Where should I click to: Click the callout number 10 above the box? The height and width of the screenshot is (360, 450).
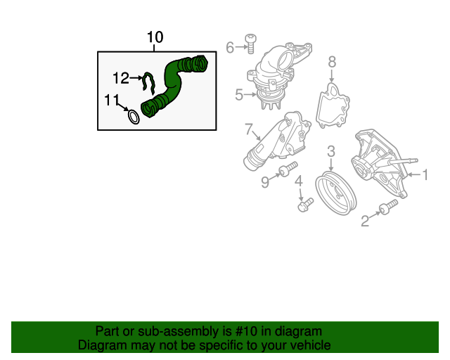[155, 37]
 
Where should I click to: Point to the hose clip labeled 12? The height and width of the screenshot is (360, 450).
[148, 83]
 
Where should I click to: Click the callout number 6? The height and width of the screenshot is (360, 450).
[230, 47]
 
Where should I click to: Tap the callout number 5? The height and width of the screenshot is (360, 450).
[239, 94]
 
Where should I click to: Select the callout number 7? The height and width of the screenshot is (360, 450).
[248, 129]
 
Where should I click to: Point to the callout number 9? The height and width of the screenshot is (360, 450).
[265, 183]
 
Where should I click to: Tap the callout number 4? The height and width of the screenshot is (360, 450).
[299, 181]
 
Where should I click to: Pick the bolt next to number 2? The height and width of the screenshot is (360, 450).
[387, 209]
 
